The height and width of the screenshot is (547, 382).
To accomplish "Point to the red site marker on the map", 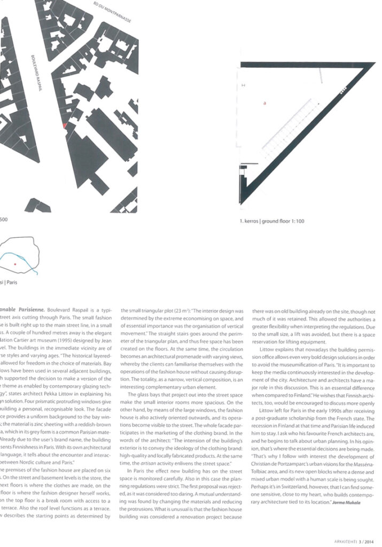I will tap(65, 126).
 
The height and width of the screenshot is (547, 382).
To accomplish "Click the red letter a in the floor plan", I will tap(265, 104).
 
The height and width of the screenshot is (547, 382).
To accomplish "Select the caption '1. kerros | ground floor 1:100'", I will tap(272, 221).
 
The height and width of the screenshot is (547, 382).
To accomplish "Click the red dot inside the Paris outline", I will tap(15, 264).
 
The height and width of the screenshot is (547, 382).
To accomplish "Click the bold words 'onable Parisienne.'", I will tap(21, 309).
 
